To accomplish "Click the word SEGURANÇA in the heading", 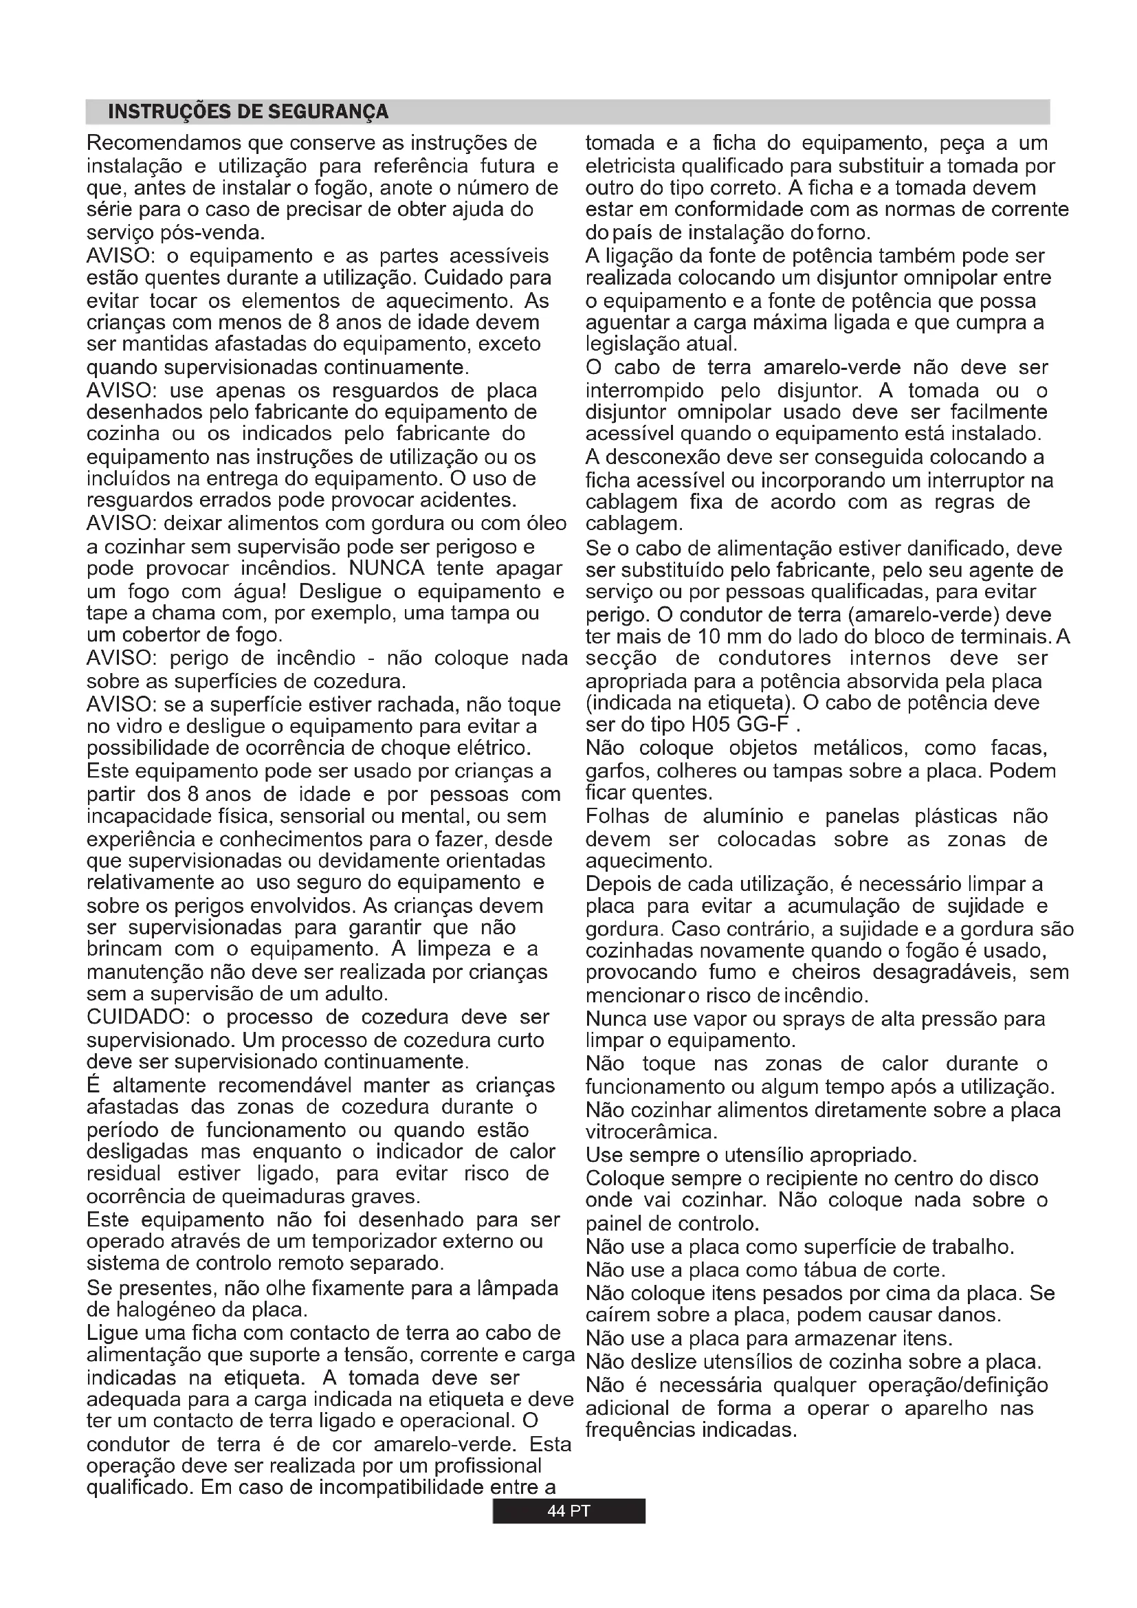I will click(329, 112).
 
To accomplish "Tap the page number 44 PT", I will click(568, 1510).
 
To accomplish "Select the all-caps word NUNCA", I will click(387, 568).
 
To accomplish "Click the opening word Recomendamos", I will click(164, 144).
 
